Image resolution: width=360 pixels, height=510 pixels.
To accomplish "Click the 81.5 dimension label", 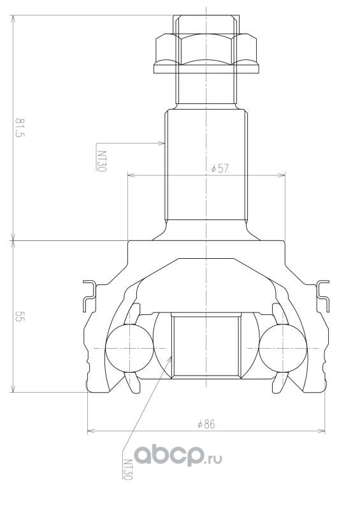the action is [20, 128].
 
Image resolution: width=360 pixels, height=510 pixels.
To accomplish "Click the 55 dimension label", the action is [20, 316].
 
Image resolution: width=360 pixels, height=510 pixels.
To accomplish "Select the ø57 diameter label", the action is [220, 168].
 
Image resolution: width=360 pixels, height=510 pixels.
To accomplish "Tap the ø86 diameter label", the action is [206, 424].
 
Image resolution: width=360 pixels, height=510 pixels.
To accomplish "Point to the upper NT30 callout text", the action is [101, 161].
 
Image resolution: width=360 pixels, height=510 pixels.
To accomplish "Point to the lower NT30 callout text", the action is [127, 469].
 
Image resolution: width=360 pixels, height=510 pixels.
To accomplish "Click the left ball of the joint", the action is [129, 348].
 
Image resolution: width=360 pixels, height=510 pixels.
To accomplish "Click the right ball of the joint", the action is [283, 348].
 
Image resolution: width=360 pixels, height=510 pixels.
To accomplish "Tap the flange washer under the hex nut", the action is [206, 68].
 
